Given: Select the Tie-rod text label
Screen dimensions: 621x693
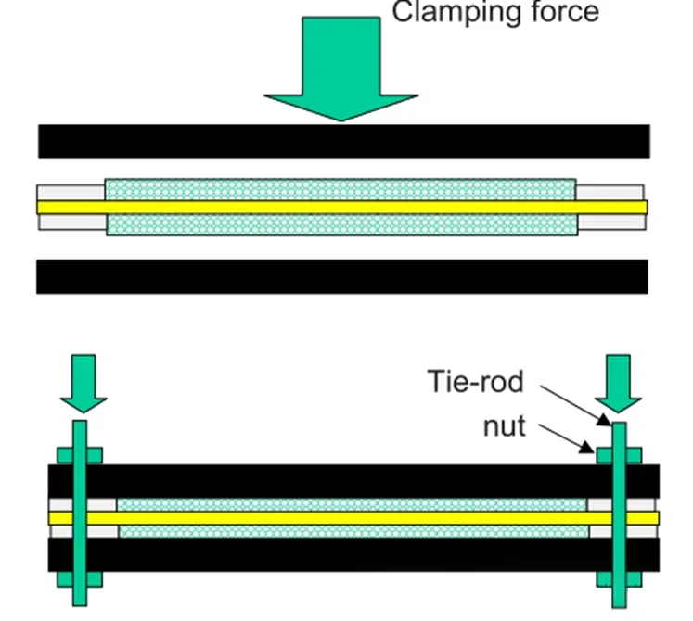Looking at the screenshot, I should coord(476,381).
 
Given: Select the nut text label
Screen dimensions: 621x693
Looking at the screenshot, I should coord(504,426).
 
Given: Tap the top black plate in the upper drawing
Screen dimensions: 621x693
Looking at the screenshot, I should coord(343,141).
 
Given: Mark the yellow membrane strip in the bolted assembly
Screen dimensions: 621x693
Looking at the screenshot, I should coord(353,517).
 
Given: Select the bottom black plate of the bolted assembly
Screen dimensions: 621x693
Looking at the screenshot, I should coord(353,554).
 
